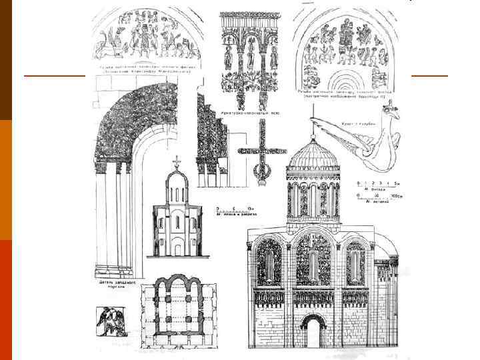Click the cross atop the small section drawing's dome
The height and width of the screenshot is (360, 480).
[177, 162]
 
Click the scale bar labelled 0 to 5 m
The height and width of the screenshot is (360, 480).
[373, 184]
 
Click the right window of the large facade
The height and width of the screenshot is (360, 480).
[355, 264]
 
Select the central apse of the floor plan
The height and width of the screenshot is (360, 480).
[177, 287]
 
